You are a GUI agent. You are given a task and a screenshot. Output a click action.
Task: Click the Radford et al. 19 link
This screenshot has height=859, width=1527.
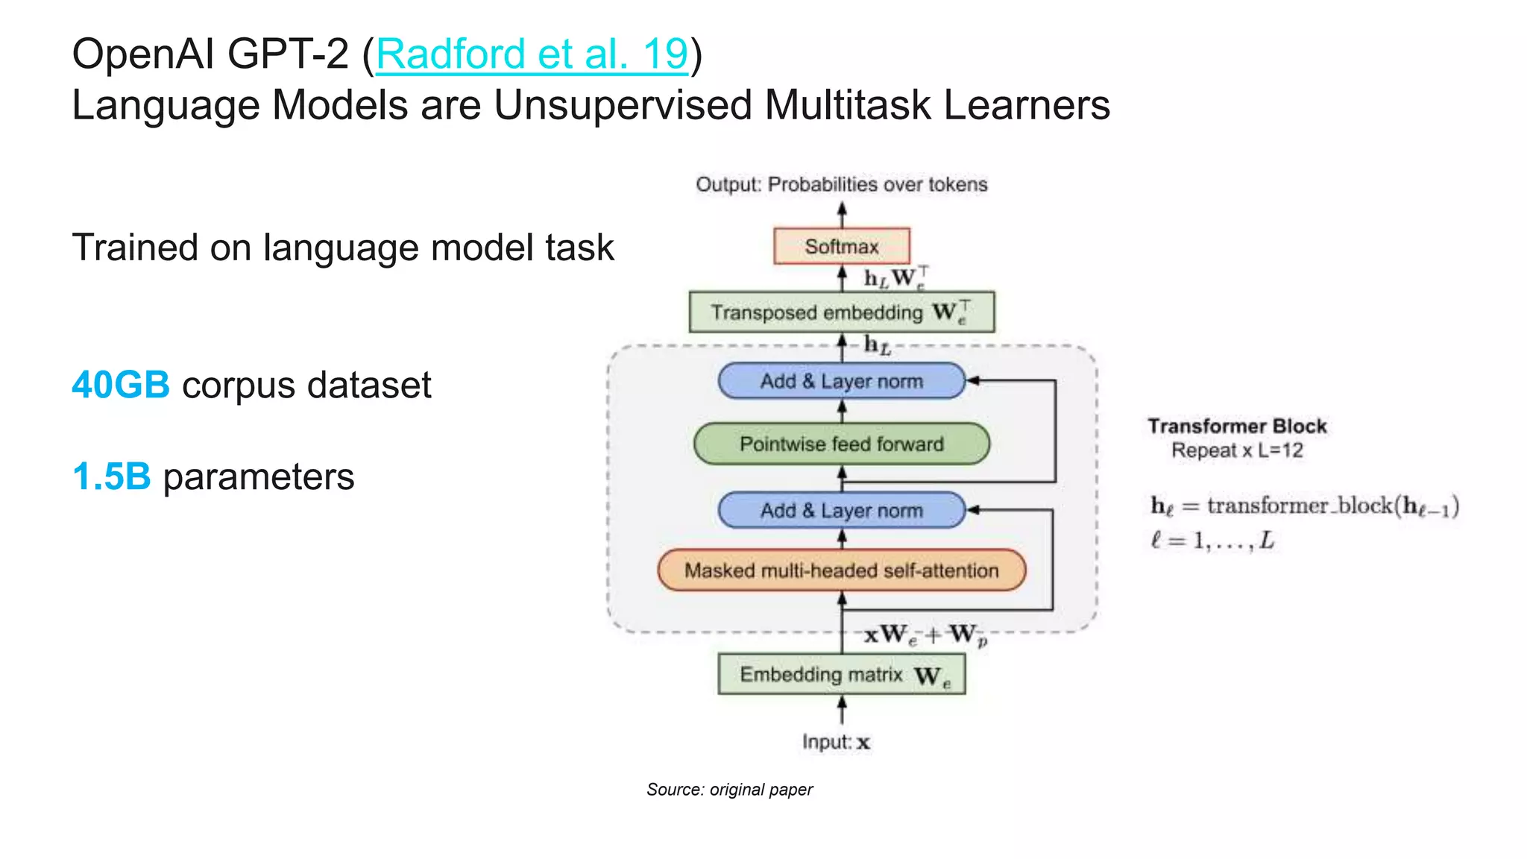click(532, 54)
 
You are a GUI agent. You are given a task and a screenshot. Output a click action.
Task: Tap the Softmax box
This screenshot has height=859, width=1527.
click(842, 246)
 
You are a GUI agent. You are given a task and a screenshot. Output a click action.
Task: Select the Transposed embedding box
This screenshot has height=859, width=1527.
click(842, 312)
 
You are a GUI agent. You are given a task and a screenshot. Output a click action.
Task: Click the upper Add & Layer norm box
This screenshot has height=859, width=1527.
click(842, 381)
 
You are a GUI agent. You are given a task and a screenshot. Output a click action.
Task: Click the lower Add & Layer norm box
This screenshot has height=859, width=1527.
click(842, 511)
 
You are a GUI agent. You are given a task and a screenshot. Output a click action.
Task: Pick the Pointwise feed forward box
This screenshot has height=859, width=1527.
click(842, 444)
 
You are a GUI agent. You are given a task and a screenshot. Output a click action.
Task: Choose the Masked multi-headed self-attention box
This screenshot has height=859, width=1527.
click(842, 570)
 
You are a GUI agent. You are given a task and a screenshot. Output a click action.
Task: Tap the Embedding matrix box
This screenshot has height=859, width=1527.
click(842, 674)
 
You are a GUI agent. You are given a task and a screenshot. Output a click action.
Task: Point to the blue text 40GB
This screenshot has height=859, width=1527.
click(121, 386)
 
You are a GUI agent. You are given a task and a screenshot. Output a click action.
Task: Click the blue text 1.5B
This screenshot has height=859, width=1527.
click(112, 476)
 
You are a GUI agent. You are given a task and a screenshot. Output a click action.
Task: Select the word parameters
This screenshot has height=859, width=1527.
click(259, 477)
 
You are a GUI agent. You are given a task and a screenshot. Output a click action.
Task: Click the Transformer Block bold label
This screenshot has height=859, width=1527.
click(1237, 426)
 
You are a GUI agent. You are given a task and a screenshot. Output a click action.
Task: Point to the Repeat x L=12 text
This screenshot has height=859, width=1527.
click(1237, 450)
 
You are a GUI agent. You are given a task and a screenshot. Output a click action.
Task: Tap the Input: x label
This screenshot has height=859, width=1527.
click(836, 742)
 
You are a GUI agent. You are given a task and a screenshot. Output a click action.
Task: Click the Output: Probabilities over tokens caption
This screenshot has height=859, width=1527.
click(842, 184)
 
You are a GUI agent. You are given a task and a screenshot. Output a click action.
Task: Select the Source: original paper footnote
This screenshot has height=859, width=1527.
click(729, 790)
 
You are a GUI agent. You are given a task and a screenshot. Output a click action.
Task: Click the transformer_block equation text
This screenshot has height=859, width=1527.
click(1304, 506)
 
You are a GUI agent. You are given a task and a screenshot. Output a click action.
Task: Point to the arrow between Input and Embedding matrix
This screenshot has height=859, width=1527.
click(843, 710)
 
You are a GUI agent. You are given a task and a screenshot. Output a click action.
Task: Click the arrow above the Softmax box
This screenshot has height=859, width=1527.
click(843, 214)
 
